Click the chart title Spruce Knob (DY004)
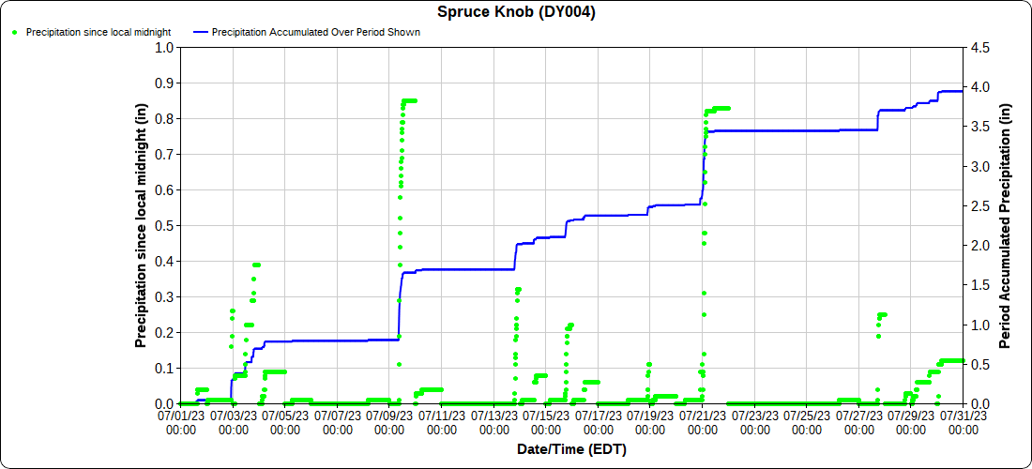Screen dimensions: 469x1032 (x=516, y=12)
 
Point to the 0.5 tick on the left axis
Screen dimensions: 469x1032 (x=165, y=225)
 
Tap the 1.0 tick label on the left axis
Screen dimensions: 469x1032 (x=165, y=47)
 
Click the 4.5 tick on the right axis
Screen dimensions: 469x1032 (x=979, y=47)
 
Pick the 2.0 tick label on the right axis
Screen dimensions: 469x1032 (x=979, y=245)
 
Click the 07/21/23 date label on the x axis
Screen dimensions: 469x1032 (x=702, y=420)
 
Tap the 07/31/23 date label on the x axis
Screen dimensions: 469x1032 (x=963, y=420)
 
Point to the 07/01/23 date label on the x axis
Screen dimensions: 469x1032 (x=181, y=420)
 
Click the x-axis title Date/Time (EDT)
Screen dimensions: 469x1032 (x=571, y=449)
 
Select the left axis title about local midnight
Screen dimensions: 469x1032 (x=142, y=225)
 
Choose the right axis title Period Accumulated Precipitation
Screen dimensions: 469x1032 (x=1006, y=225)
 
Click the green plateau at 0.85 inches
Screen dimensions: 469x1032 (x=410, y=100)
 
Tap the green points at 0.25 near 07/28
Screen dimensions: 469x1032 (x=882, y=315)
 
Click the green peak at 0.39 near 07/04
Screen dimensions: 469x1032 (x=256, y=265)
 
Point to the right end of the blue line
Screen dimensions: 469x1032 (x=963, y=91)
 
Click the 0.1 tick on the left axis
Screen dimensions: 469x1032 (x=165, y=368)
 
